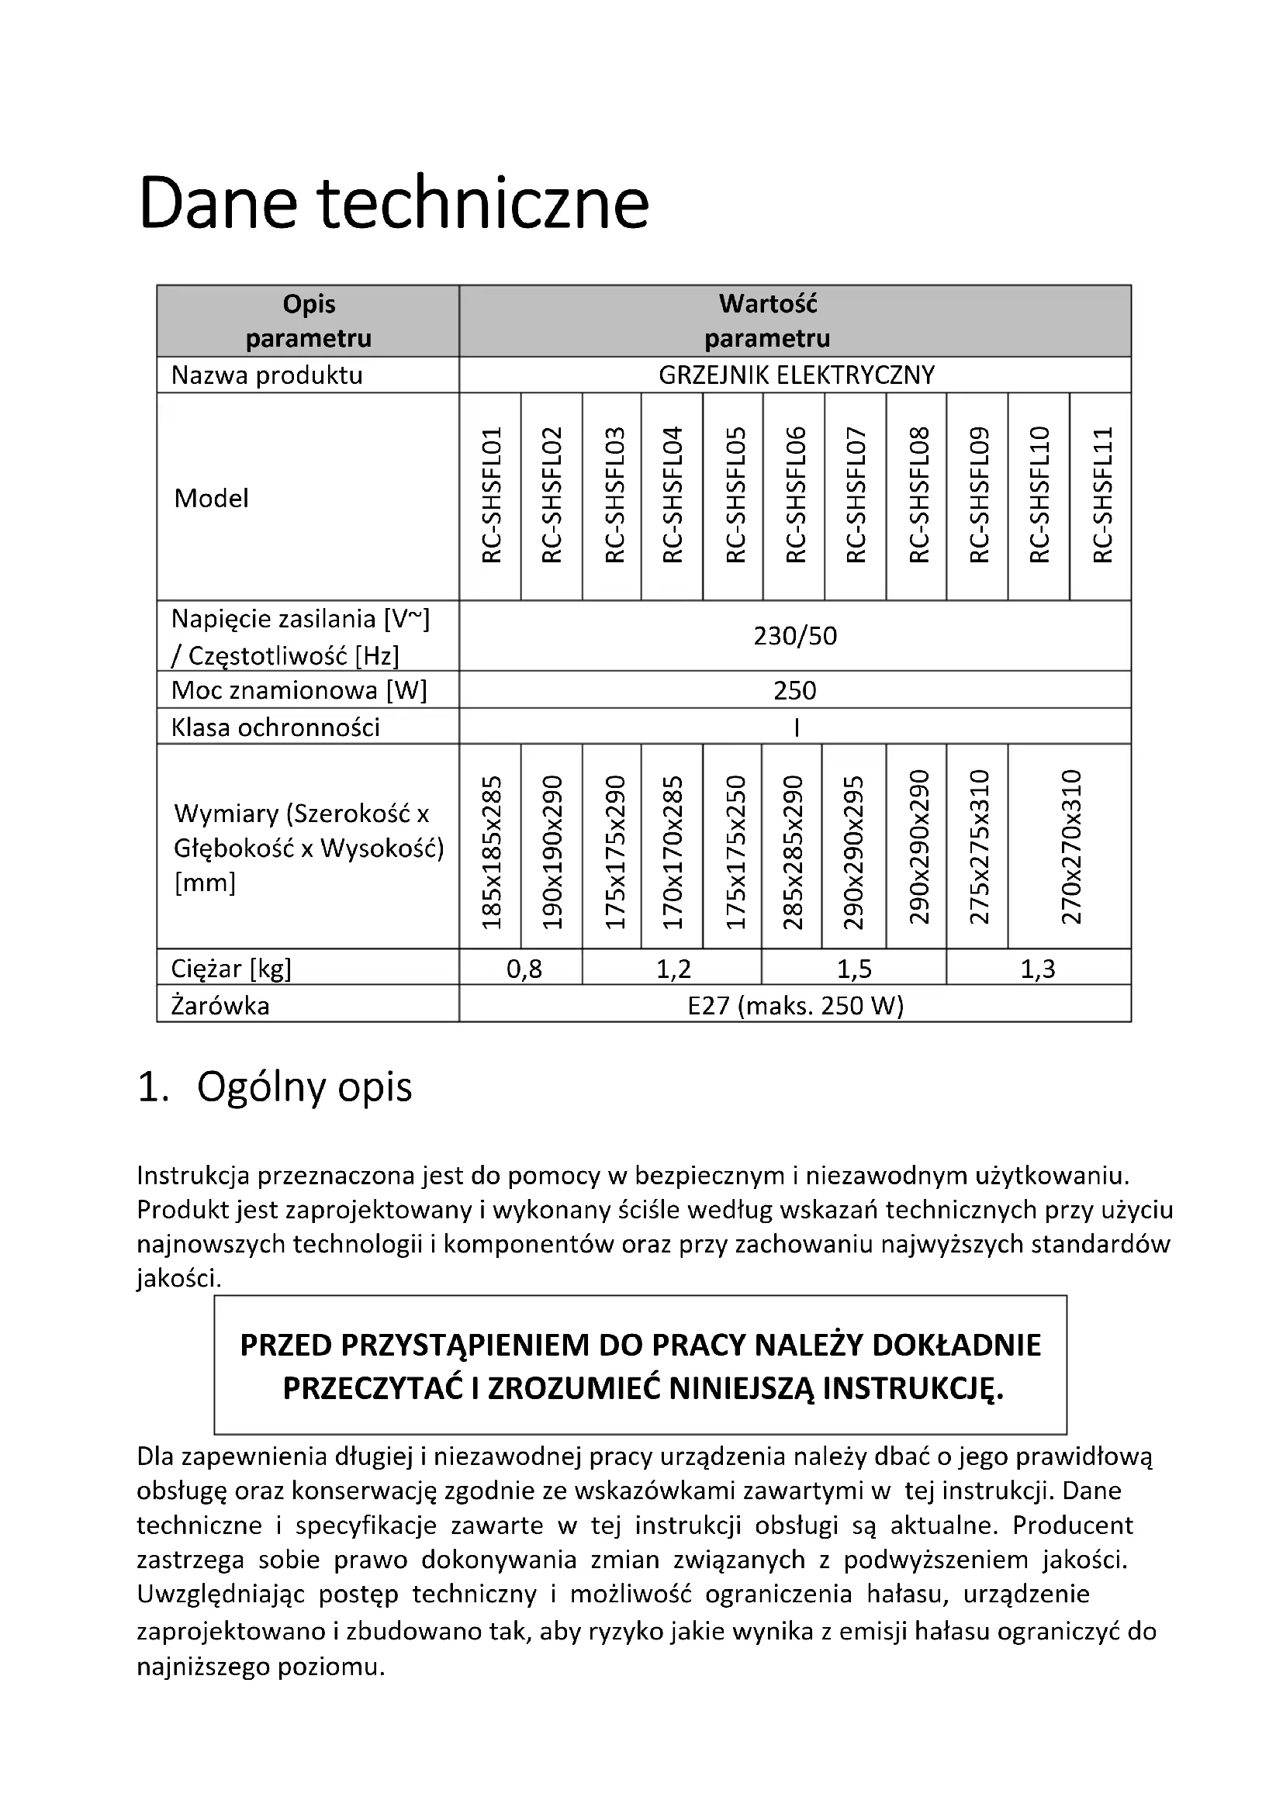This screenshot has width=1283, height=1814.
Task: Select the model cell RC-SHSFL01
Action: click(x=491, y=496)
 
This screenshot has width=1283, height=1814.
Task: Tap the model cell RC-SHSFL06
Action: click(x=796, y=496)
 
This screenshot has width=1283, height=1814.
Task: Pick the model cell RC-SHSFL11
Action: click(x=1102, y=496)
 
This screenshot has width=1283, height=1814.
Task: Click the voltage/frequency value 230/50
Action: click(x=795, y=636)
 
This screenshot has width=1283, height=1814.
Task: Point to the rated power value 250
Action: click(x=795, y=690)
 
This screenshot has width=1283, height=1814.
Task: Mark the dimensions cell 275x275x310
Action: click(x=979, y=846)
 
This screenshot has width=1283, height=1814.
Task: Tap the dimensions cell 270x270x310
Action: click(x=1070, y=846)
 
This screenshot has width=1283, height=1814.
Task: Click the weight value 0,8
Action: click(x=524, y=969)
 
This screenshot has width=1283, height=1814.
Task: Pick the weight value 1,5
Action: click(x=854, y=969)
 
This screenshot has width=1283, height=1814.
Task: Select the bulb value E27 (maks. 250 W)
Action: click(x=795, y=1006)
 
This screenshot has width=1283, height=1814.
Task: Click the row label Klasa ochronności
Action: click(x=275, y=727)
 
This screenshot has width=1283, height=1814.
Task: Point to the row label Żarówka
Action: click(x=220, y=1006)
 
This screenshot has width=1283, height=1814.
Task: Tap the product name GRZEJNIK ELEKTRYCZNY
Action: click(x=797, y=375)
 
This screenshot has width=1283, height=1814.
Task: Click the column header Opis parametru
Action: click(x=309, y=321)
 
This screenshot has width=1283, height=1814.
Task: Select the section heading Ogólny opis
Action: click(x=304, y=1087)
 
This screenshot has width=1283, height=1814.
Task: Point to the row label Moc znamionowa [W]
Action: click(x=299, y=690)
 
